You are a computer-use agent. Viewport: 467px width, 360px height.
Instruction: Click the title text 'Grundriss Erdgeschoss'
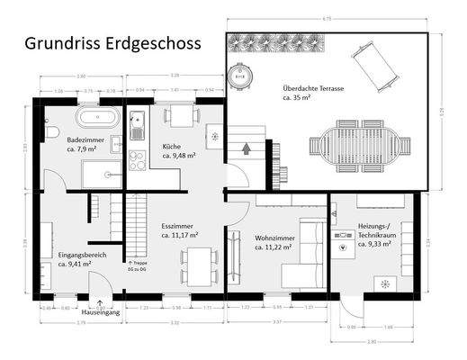coord(112,42)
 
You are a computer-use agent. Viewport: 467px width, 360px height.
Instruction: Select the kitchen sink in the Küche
coord(137,121)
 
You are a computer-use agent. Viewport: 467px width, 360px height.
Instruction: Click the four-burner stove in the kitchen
coord(137,160)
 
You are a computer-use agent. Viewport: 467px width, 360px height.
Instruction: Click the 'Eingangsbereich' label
coord(82,256)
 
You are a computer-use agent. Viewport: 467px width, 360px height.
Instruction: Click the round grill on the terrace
coord(240,76)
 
